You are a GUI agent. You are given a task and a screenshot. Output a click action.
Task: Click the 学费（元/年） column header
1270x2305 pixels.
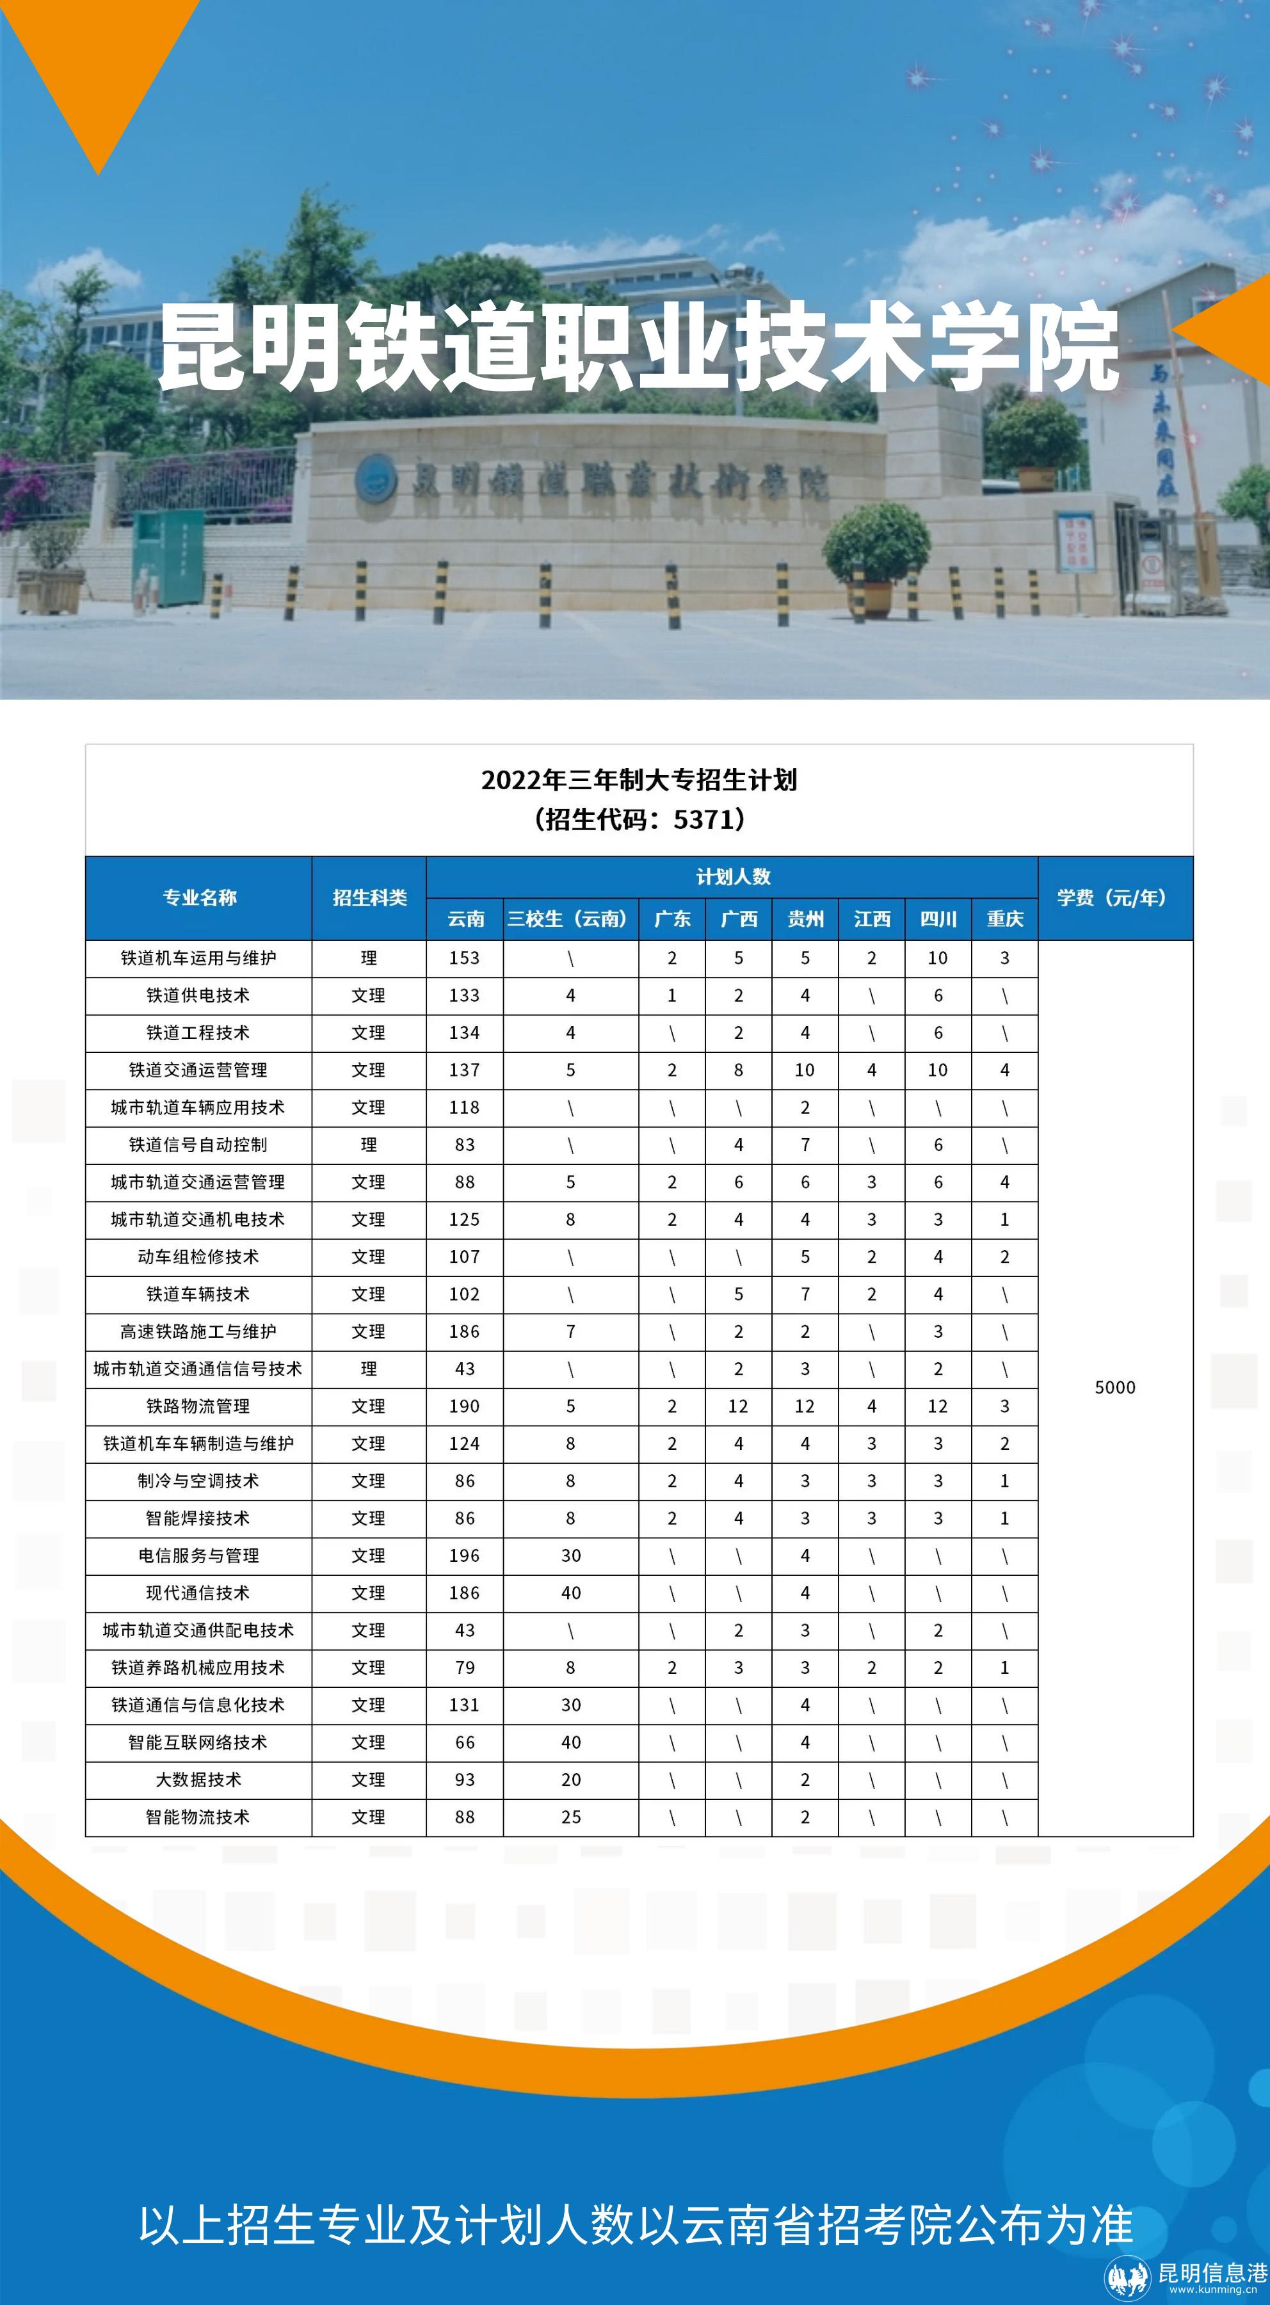[x=1114, y=897]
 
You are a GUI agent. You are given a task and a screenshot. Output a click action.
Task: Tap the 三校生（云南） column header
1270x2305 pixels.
[x=570, y=919]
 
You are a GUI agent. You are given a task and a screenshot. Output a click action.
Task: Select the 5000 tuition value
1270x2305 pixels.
[x=1114, y=1387]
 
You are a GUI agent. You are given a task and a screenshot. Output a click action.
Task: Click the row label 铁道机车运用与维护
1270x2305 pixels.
[x=198, y=958]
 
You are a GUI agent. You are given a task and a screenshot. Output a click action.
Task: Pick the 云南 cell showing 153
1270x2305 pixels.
[x=465, y=958]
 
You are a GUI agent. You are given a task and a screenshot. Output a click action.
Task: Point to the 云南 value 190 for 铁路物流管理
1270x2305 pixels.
[x=465, y=1406]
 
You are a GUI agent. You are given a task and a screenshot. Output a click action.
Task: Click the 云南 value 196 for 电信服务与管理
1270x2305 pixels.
[x=465, y=1555]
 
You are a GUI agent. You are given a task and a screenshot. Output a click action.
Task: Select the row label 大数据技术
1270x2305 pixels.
[x=198, y=1779]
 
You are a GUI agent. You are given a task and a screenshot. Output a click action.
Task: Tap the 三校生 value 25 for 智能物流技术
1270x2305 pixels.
[x=571, y=1817]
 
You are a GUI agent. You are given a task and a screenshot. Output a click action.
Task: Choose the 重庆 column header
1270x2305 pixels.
[x=1004, y=919]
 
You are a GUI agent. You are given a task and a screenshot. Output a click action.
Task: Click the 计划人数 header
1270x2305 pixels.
[x=732, y=877]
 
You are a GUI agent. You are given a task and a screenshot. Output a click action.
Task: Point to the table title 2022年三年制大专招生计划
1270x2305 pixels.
[x=638, y=780]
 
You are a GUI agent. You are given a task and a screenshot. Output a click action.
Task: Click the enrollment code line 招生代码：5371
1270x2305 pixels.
[x=638, y=819]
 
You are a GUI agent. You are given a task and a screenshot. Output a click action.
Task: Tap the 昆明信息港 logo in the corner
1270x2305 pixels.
[x=1187, y=2274]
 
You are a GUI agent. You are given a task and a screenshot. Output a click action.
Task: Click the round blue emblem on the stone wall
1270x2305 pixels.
[x=376, y=479]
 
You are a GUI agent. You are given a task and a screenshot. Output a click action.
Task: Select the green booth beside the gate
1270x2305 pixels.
[x=168, y=556]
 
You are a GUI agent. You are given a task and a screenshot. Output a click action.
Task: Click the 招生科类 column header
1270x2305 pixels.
[x=369, y=897]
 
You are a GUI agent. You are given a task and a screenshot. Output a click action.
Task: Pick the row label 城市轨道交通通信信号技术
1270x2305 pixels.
[x=198, y=1369]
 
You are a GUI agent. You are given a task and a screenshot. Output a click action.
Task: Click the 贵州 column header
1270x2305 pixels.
[x=805, y=919]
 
